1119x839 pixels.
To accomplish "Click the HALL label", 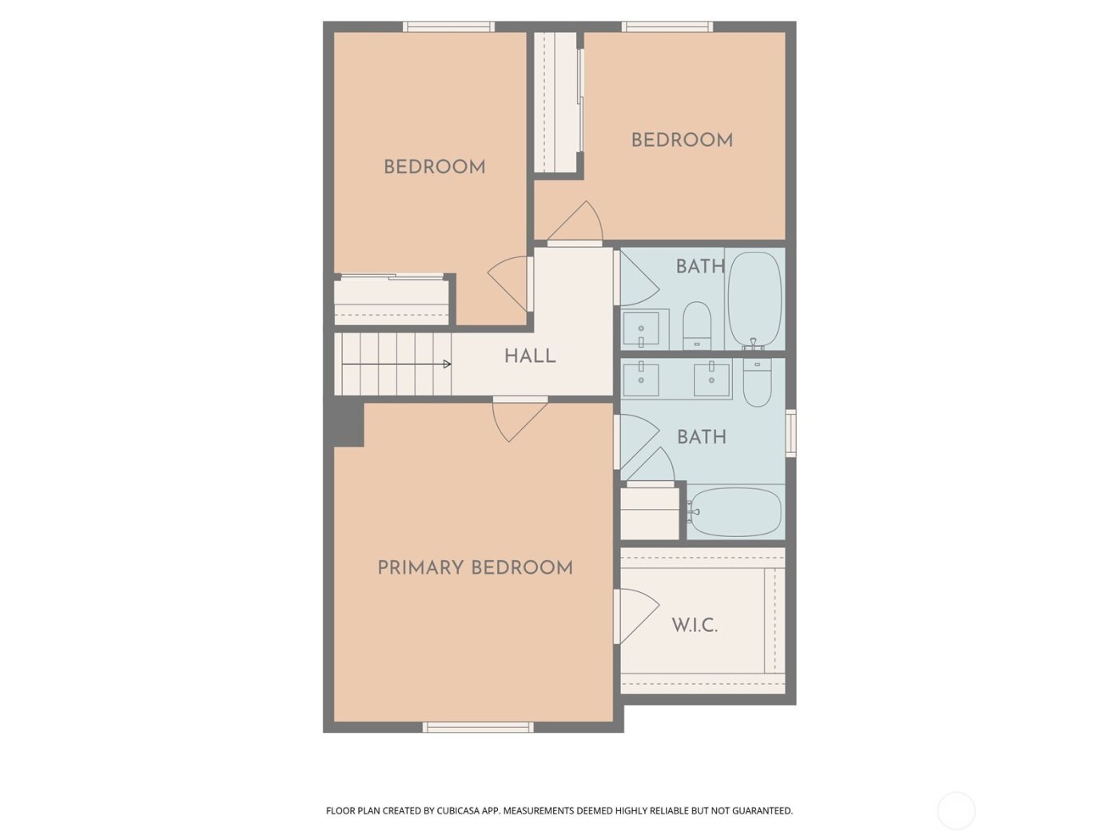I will pyautogui.click(x=529, y=356).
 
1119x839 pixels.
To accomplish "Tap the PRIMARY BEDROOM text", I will pyautogui.click(x=475, y=567).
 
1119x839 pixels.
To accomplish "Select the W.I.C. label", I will pyautogui.click(x=694, y=625).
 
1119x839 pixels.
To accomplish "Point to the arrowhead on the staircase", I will pyautogui.click(x=447, y=364).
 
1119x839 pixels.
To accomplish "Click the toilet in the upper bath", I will pyautogui.click(x=697, y=325).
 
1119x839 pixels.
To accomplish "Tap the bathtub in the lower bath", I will pyautogui.click(x=735, y=512).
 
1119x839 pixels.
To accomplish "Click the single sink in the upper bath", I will pyautogui.click(x=641, y=328).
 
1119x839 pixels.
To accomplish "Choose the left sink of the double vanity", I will pyautogui.click(x=641, y=380).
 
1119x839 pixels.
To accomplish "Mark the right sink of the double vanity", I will pyautogui.click(x=711, y=380).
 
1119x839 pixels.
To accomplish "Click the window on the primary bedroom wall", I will pyautogui.click(x=478, y=727).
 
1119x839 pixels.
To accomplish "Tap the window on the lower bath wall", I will pyautogui.click(x=790, y=432).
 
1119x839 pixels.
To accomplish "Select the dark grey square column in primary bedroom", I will pyautogui.click(x=348, y=423).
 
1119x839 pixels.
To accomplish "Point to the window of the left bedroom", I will pyautogui.click(x=448, y=26).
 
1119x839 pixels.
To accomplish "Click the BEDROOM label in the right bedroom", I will pyautogui.click(x=682, y=140).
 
